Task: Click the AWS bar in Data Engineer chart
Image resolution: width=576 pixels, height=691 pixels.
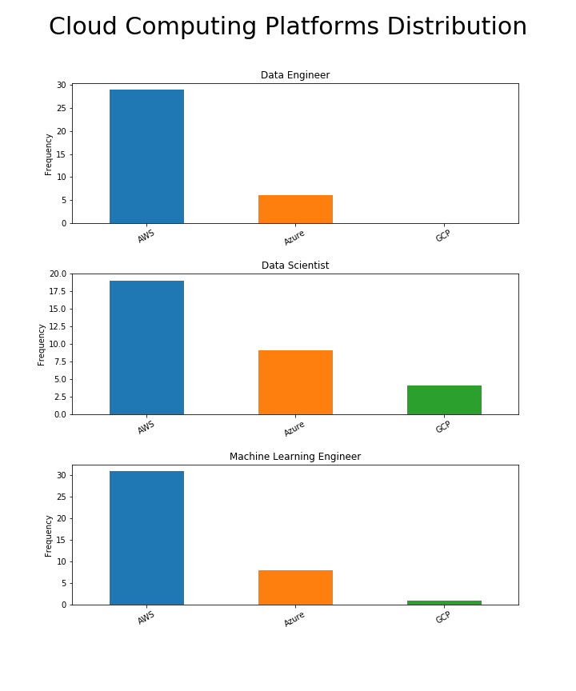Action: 146,156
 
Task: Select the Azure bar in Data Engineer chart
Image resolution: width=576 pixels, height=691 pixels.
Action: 295,209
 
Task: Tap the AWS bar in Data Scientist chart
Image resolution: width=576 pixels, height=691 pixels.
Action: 146,347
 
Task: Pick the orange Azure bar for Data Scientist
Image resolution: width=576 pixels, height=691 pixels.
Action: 295,382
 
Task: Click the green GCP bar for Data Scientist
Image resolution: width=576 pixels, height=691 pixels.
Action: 444,400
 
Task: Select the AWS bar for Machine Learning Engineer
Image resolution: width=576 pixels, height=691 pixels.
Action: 146,537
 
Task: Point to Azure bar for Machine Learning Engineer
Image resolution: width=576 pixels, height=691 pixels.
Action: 295,587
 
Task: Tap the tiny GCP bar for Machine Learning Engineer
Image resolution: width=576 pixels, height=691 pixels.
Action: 444,602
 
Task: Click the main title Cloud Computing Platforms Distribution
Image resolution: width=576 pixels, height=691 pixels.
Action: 288,27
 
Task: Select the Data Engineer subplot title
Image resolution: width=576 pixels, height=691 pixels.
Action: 295,75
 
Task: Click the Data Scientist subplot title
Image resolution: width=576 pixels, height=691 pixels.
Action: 295,266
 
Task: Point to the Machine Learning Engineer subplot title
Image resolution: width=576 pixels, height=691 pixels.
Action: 295,457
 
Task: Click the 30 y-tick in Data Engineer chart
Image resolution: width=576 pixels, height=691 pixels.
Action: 62,86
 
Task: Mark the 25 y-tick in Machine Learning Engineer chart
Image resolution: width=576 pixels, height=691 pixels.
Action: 62,497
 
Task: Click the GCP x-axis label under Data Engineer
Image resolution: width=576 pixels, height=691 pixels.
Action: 443,236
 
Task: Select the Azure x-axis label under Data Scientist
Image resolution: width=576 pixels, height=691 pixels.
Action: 294,429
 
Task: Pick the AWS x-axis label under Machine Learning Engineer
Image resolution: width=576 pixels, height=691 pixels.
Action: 146,617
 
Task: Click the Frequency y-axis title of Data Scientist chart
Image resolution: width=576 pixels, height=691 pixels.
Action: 42,345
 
